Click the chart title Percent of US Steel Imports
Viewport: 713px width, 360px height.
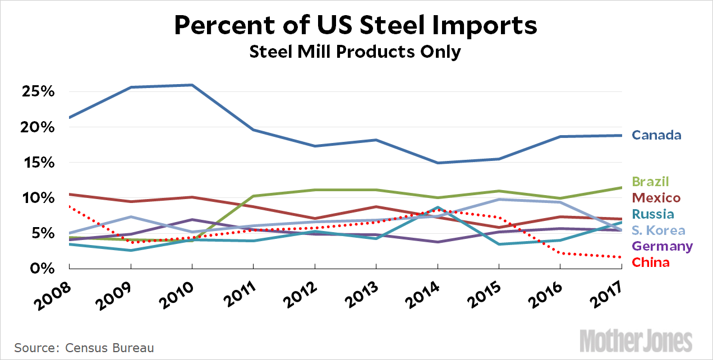[x=356, y=26]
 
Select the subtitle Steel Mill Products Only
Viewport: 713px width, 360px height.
[x=356, y=52]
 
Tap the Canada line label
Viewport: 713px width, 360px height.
[x=656, y=135]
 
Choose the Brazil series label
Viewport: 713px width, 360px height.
[x=651, y=182]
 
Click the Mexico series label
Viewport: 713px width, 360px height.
[x=656, y=198]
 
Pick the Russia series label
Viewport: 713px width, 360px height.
[x=653, y=214]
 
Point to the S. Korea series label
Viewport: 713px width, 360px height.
[x=658, y=230]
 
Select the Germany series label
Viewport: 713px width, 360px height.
[x=662, y=246]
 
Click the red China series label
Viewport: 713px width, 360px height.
[x=651, y=262]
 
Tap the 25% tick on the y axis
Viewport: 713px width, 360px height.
[x=36, y=92]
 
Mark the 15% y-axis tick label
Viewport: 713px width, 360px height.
[x=36, y=163]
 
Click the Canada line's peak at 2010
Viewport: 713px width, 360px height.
[x=192, y=85]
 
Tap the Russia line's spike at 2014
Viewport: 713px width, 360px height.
[x=437, y=207]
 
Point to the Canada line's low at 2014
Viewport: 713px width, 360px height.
[x=437, y=163]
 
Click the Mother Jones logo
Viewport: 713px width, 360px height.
[x=636, y=340]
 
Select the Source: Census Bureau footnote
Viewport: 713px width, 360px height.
[x=84, y=348]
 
